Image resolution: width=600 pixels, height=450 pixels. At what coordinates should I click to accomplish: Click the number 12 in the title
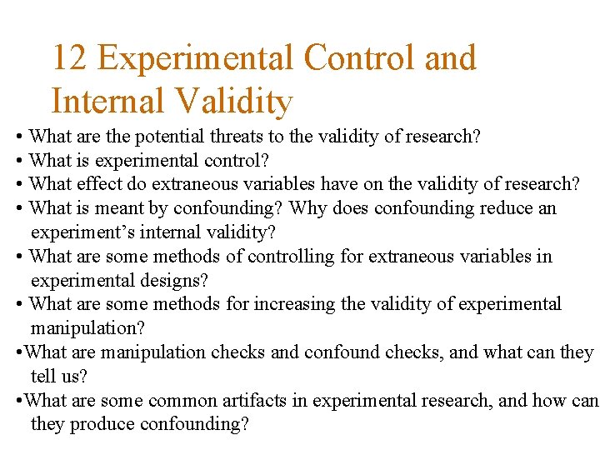tap(70, 58)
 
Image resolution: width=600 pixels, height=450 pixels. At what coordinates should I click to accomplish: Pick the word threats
tap(228, 137)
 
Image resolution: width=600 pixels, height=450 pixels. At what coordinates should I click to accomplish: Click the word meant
tap(122, 208)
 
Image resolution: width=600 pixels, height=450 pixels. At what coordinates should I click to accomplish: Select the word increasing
tap(296, 305)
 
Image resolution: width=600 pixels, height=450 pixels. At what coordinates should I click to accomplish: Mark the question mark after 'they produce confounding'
tap(244, 425)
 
